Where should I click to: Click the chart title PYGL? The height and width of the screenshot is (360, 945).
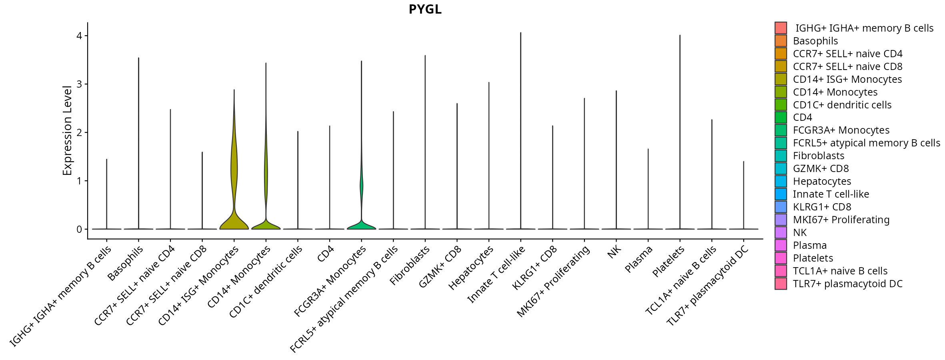coord(425,9)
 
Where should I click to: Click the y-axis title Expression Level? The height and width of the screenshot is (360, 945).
coord(67,130)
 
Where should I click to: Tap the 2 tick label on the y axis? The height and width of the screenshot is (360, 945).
coord(79,132)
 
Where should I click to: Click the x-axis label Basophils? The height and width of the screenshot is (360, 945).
coord(126,263)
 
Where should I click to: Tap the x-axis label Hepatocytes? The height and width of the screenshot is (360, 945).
coord(470,268)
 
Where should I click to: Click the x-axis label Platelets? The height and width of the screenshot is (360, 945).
coord(669,261)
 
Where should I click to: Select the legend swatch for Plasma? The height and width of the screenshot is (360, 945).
coord(781,245)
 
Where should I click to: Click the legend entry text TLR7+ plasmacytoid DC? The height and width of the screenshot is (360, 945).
coord(848,284)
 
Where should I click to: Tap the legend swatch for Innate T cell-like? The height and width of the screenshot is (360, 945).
coord(781,194)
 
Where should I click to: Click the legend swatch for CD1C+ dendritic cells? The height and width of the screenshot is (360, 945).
coord(781,105)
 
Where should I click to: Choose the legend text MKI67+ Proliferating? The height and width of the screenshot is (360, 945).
coord(841,220)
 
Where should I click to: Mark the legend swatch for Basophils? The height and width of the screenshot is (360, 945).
coord(781,41)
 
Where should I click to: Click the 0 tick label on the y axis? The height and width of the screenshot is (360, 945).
coord(79,229)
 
